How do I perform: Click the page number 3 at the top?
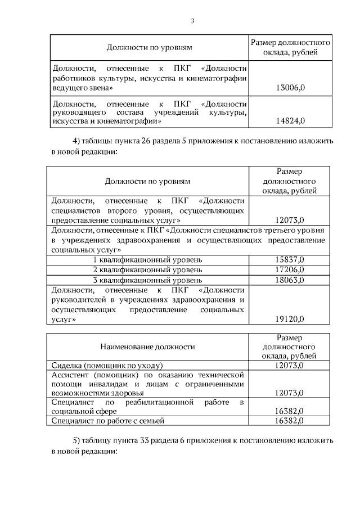pos(192,21)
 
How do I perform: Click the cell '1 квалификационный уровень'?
pos(147,260)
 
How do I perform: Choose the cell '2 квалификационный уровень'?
pos(147,270)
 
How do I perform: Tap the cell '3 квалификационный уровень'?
pos(147,280)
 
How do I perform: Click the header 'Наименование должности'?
pos(148,347)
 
